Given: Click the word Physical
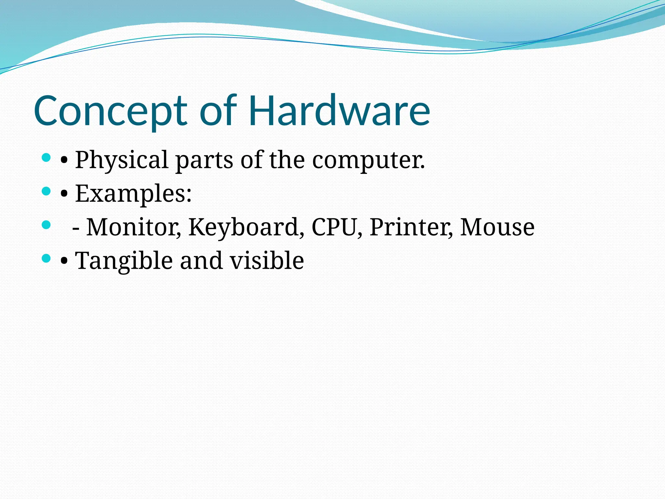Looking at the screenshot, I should (x=122, y=160).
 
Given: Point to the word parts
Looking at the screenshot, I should (x=204, y=160).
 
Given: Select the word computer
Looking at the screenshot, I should (x=368, y=160).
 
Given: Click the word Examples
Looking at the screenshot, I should (x=133, y=194).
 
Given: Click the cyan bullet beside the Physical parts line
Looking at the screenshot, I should (x=46, y=158).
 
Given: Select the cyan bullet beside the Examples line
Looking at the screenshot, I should (x=46, y=191).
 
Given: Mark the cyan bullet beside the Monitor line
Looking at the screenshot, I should (x=46, y=225).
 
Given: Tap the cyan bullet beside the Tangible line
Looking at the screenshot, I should (x=46, y=259).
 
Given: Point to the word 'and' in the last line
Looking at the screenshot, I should (x=201, y=261).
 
